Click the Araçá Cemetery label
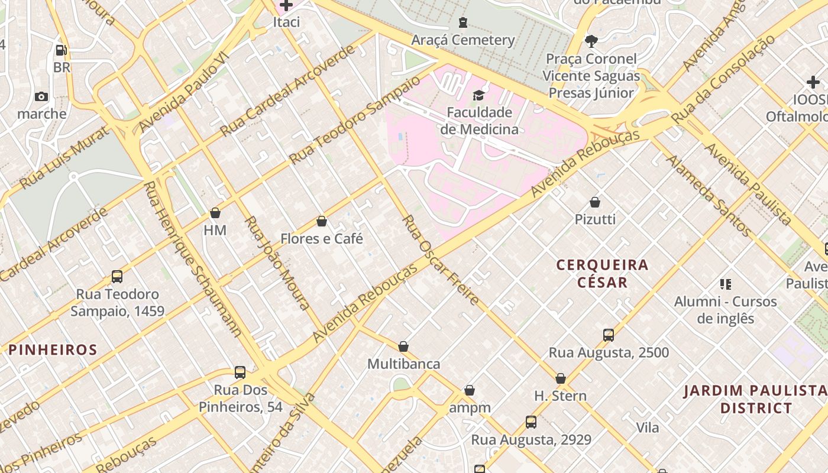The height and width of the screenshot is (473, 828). coord(463,40)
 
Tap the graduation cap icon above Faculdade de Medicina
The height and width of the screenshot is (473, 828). coord(478,95)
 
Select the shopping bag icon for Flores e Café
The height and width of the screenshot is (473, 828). coord(322,221)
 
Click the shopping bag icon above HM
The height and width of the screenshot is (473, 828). coord(215,213)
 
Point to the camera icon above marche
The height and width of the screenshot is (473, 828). coord(41,96)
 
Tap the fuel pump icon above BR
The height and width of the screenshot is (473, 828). coord(61,50)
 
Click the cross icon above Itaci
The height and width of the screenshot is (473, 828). coord(286,6)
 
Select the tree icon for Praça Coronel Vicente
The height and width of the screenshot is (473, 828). coord(591,41)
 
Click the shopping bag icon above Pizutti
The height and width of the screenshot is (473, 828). coord(595,202)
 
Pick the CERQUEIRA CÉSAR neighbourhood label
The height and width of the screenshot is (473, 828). coord(603,273)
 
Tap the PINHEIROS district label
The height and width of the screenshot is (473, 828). coord(53,349)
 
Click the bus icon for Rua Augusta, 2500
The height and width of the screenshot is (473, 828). coord(609,335)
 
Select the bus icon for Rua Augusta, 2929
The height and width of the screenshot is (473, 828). coord(531,422)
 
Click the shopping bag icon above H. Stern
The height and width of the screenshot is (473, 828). coord(560,378)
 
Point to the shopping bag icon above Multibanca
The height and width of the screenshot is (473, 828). coord(403,346)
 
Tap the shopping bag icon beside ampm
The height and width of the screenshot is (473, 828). coord(470,390)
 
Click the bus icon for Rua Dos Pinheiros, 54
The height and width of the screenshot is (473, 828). coord(240,372)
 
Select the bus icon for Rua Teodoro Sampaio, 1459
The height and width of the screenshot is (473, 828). coord(117,277)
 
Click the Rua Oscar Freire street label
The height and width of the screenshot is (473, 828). coord(440,260)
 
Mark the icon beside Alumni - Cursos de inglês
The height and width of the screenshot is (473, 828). coord(726,284)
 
